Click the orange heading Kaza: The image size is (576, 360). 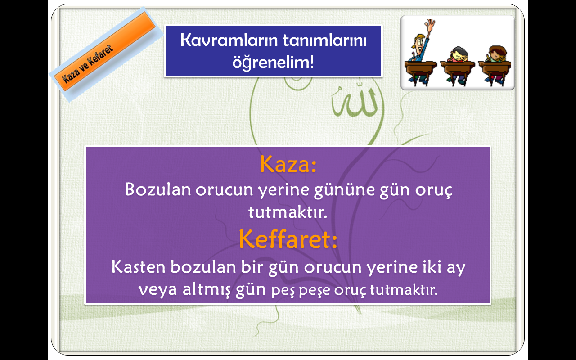pyautogui.click(x=288, y=164)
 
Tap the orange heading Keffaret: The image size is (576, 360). pyautogui.click(x=288, y=239)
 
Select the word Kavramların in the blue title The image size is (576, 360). pyautogui.click(x=229, y=40)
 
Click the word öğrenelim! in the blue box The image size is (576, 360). pyautogui.click(x=273, y=62)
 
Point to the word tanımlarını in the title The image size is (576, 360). pyautogui.click(x=324, y=40)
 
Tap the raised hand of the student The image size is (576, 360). pyautogui.click(x=430, y=24)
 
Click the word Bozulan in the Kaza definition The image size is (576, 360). pyautogui.click(x=158, y=189)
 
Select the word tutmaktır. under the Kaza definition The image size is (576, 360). pyautogui.click(x=288, y=212)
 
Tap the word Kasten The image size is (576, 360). pyautogui.click(x=138, y=267)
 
